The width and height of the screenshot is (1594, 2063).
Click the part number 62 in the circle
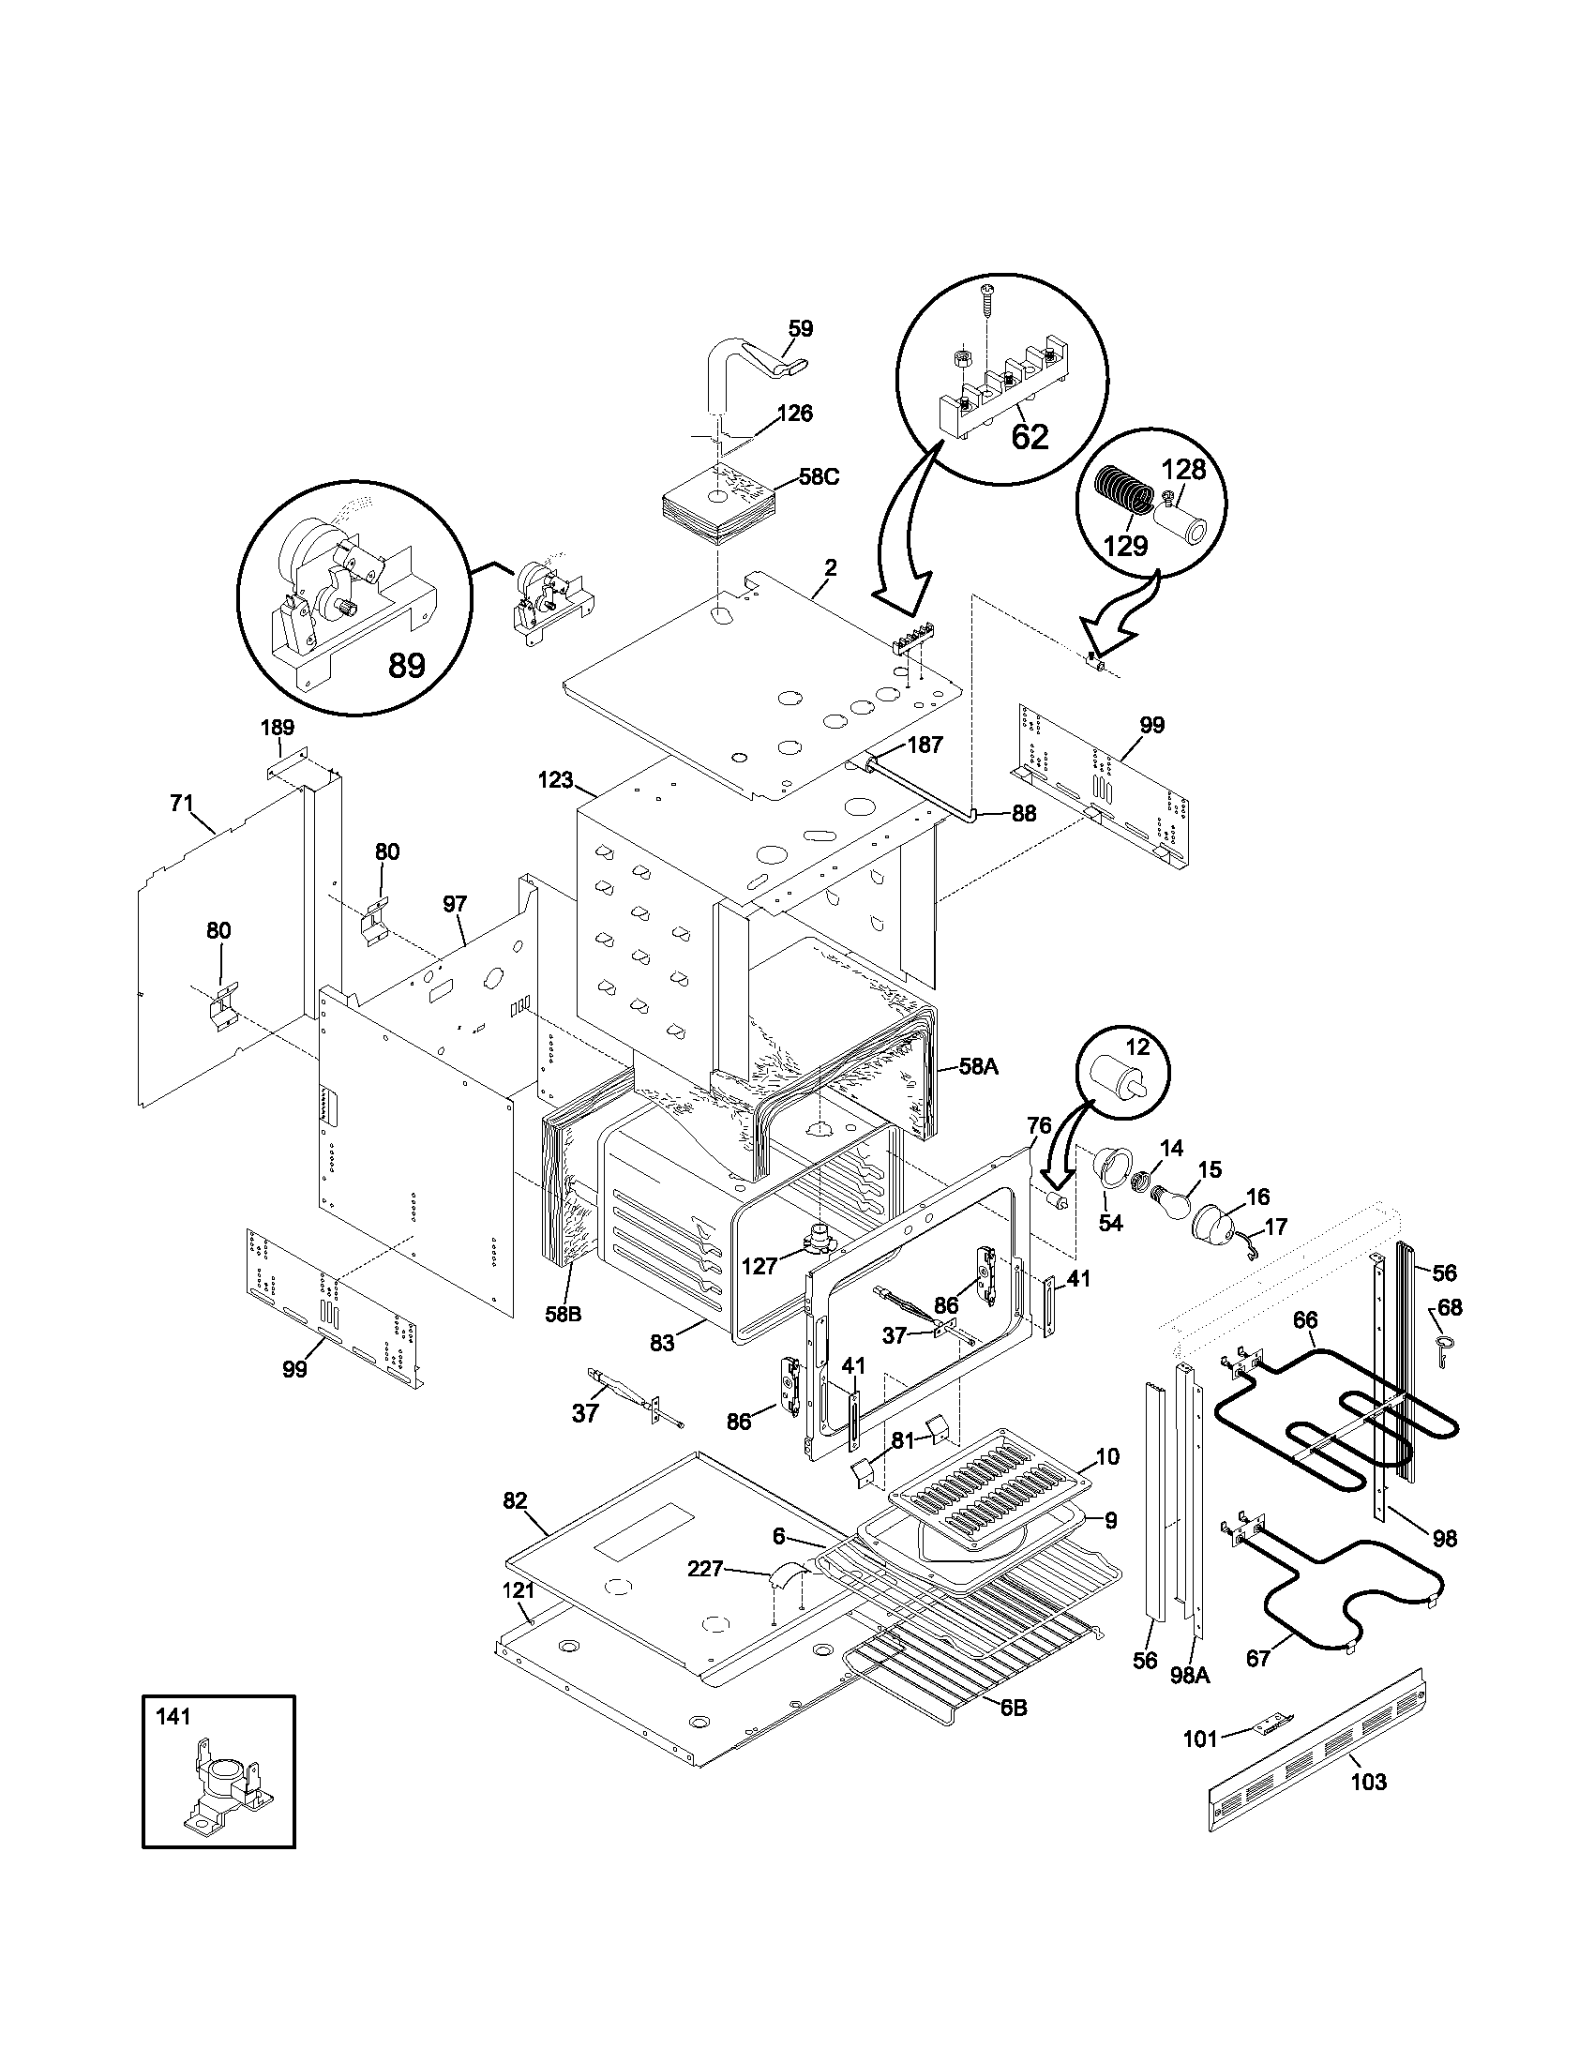(1030, 436)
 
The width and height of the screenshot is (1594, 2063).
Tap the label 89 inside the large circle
(406, 666)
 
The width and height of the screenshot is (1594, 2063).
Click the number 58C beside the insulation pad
(819, 477)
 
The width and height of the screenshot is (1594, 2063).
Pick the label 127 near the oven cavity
(759, 1267)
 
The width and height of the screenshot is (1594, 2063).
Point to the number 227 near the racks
(704, 1569)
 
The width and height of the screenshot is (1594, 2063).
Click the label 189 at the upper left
(278, 727)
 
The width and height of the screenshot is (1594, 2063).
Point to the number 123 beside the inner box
(556, 779)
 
